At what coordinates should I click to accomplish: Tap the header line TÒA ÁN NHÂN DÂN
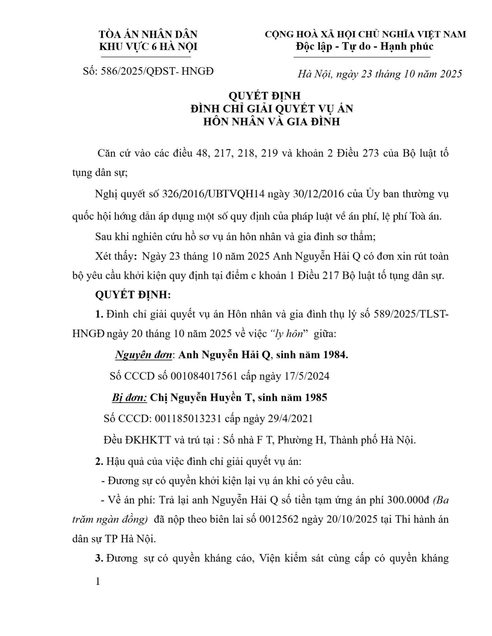point(148,34)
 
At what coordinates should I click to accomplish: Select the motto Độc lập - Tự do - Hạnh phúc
point(365,46)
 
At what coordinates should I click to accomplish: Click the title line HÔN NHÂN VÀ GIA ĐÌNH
point(271,122)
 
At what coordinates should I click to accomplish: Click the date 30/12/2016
point(318,194)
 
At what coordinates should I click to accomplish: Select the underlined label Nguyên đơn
point(143,355)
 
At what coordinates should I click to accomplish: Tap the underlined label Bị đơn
point(129,397)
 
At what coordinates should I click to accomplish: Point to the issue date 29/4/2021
point(290,419)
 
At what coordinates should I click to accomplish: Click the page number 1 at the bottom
point(98,581)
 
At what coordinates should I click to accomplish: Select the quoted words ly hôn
point(289,334)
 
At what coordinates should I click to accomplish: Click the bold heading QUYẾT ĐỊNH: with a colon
point(133,295)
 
